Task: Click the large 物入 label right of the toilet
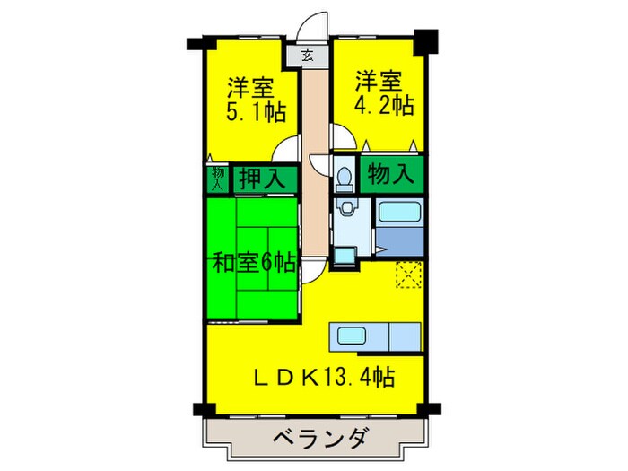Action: [x=391, y=174]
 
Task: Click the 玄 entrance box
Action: [x=308, y=57]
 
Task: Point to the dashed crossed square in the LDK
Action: [x=408, y=273]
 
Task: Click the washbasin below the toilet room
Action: [x=345, y=210]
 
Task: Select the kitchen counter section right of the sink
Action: [x=404, y=336]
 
